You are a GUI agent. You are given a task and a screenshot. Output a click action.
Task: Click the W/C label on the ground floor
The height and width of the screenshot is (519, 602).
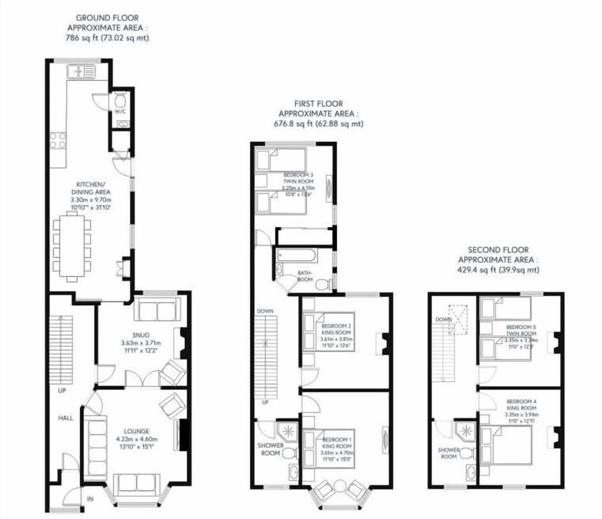pyautogui.click(x=119, y=112)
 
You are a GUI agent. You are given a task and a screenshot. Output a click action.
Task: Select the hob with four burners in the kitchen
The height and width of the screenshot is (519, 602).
pyautogui.click(x=58, y=140)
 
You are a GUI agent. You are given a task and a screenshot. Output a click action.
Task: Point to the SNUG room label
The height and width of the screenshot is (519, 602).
pyautogui.click(x=140, y=335)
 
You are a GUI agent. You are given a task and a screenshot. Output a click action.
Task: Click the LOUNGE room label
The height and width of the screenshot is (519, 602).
pyautogui.click(x=136, y=431)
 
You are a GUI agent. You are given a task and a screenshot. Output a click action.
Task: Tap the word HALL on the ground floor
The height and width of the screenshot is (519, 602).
pyautogui.click(x=66, y=417)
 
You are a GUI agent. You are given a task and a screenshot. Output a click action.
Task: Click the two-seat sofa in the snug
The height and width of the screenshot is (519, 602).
pyautogui.click(x=157, y=310)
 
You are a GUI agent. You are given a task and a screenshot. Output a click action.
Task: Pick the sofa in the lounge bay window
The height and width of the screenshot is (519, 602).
pyautogui.click(x=136, y=483)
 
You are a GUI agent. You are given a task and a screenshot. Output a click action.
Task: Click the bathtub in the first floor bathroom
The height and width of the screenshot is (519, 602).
pyautogui.click(x=296, y=257)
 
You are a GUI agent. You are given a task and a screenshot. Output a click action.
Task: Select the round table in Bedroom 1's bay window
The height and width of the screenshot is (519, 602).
pyautogui.click(x=339, y=486)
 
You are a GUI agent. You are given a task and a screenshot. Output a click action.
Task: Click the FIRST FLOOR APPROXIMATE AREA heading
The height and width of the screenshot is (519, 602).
pyautogui.click(x=319, y=113)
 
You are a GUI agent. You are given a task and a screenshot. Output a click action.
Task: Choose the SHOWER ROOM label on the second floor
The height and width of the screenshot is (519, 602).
pyautogui.click(x=448, y=453)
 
